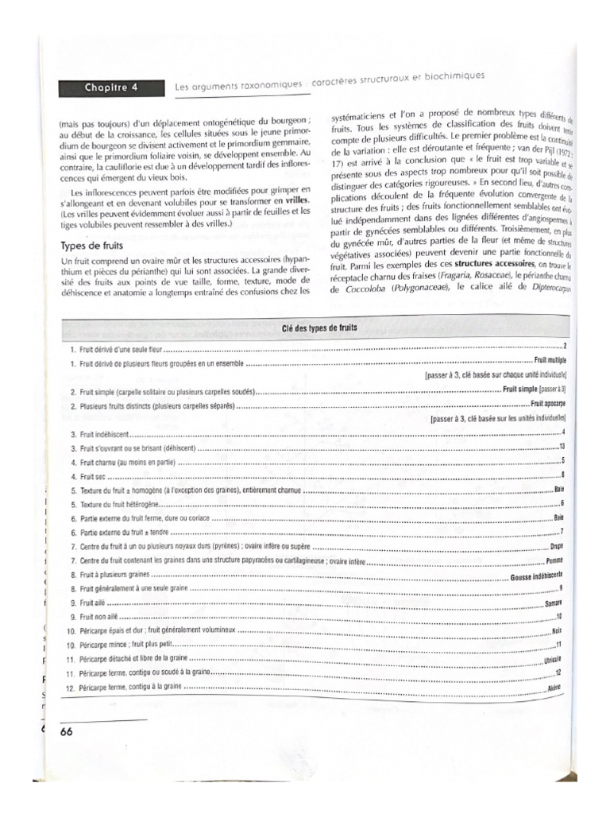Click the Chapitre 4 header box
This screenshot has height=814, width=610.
point(111,88)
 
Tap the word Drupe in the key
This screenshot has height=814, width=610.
point(556,547)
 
